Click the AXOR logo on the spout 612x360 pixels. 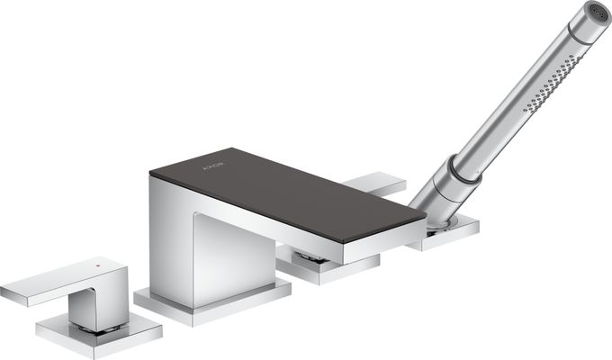click(214, 166)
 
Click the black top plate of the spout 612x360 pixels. click(288, 193)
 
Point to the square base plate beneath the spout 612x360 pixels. click(212, 303)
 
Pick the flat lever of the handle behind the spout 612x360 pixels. click(374, 183)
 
